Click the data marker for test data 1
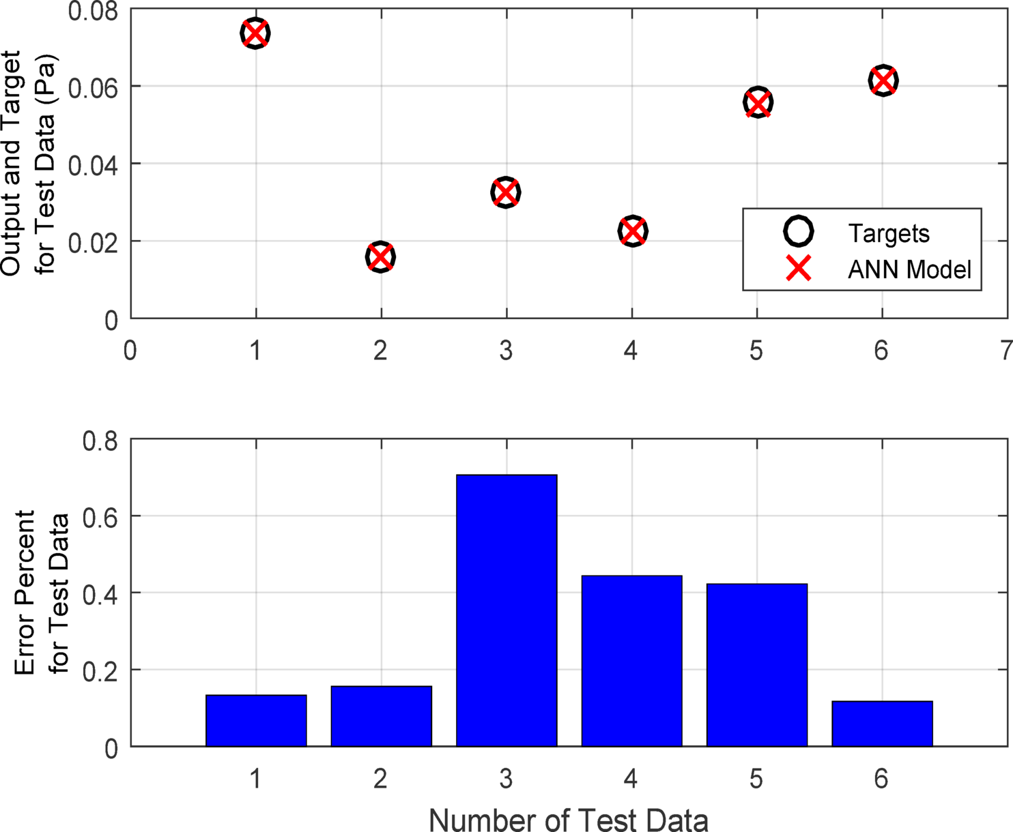click(255, 33)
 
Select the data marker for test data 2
click(380, 257)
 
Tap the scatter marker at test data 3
click(506, 192)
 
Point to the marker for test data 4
click(632, 231)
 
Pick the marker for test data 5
click(758, 103)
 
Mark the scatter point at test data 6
click(883, 80)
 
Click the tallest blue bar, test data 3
click(507, 610)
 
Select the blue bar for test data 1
click(256, 721)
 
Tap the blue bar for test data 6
click(882, 724)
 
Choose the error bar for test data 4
click(631, 661)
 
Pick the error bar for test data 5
click(757, 665)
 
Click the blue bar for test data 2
click(381, 716)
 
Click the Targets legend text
click(889, 233)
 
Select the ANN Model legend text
click(909, 269)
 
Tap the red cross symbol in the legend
click(798, 269)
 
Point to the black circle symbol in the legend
click(798, 232)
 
